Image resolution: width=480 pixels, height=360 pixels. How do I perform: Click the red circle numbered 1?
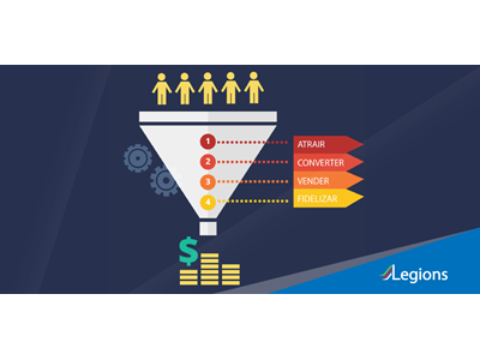208,142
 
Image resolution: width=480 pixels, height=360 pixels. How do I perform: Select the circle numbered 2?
208,162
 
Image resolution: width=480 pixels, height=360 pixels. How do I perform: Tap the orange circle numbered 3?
208,182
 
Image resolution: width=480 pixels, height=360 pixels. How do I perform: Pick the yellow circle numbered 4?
208,202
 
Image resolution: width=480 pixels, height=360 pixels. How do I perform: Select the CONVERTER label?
320,163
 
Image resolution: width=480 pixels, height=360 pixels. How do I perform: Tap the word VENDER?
313,181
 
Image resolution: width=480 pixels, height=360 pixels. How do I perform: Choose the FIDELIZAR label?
317,199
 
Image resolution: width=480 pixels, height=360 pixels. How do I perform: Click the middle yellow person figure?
208,88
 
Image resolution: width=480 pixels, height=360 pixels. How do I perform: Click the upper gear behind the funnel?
137,158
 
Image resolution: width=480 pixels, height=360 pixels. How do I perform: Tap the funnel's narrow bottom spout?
208,228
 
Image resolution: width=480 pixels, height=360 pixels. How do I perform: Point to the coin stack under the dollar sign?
188,277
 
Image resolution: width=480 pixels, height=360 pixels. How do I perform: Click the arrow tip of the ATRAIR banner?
358,144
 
